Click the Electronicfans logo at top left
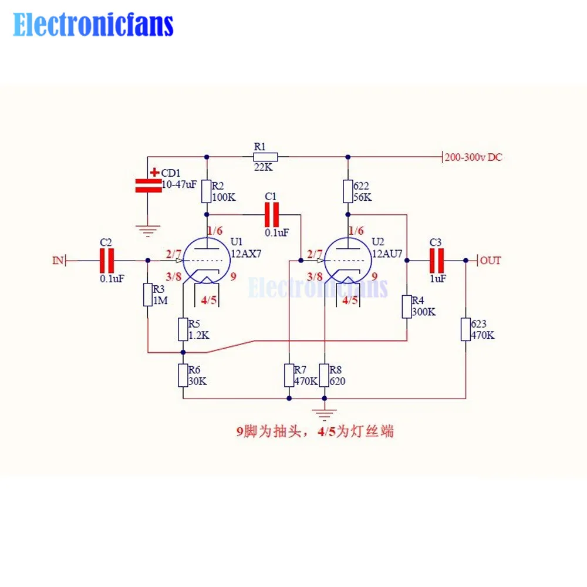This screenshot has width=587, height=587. [x=93, y=25]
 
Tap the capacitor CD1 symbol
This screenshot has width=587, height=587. [x=148, y=185]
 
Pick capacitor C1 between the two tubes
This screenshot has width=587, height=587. [x=271, y=215]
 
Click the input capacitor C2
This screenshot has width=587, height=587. [x=106, y=259]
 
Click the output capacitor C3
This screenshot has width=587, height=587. [x=437, y=259]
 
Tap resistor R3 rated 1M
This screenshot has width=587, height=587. [x=148, y=295]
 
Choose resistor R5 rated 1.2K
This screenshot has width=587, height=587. [x=183, y=329]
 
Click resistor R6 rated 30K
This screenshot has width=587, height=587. [x=183, y=375]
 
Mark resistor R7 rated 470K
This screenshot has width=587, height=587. [x=289, y=375]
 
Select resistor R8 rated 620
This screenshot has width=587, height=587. [x=324, y=375]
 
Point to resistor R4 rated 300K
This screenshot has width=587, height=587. [x=406, y=306]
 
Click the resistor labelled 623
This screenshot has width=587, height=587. [x=465, y=329]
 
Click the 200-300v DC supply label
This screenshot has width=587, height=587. [x=473, y=157]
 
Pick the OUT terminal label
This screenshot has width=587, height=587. [x=490, y=260]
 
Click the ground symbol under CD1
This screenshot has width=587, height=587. [x=148, y=230]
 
